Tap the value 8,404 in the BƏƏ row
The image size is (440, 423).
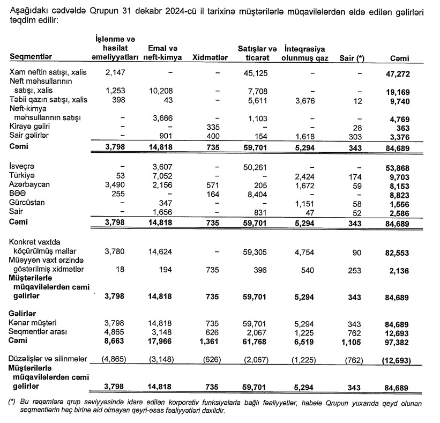(258, 194)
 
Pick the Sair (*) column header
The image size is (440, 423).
(352, 57)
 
